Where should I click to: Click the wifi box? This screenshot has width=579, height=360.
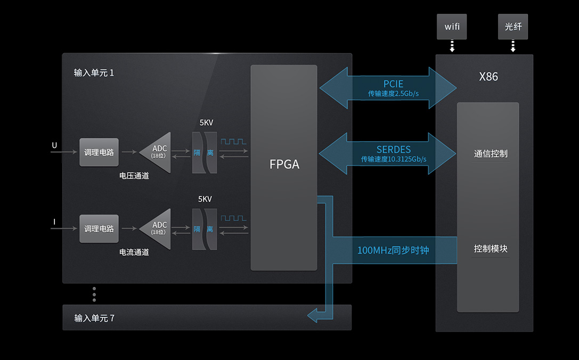point(452,27)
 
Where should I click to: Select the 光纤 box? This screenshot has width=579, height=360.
point(513,27)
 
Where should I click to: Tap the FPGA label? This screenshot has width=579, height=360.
point(284,165)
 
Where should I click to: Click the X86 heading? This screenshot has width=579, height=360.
point(488,77)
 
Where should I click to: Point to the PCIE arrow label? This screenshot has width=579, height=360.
point(393,84)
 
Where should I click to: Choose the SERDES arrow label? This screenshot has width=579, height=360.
point(394,150)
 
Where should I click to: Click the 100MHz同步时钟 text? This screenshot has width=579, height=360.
point(393,250)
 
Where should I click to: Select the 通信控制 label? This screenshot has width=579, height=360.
point(491,154)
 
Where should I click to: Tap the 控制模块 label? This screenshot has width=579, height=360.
point(491,249)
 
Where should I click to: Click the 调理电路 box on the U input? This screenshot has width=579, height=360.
point(99,152)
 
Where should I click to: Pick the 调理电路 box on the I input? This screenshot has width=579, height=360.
point(99,228)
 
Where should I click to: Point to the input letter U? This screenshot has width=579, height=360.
point(54,145)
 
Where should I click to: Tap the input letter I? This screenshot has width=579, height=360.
point(54,221)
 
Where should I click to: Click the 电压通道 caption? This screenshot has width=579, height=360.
point(134,176)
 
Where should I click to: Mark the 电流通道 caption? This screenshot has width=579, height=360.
point(134,252)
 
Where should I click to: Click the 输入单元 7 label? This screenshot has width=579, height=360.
point(94,318)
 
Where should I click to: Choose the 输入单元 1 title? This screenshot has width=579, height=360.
point(94,72)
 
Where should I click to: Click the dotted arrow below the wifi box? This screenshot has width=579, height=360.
point(452,46)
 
